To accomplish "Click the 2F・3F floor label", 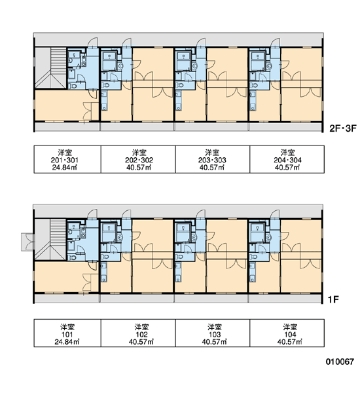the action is point(342,128).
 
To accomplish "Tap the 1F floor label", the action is point(333,299).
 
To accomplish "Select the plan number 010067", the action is point(340,362).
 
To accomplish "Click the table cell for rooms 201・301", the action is point(67,159).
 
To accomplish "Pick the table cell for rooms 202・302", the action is point(138,159).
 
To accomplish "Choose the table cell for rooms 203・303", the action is point(213,159).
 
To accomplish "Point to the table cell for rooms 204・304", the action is point(287,159).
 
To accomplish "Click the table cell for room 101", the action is point(67,333).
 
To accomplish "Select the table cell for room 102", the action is point(138,333).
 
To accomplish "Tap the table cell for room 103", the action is point(213,333).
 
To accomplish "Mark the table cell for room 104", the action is point(287,333).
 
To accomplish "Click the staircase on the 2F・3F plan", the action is point(50,68).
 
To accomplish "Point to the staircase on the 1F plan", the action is point(50,240).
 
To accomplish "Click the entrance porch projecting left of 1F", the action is point(27,242).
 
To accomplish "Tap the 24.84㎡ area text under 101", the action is point(67,342).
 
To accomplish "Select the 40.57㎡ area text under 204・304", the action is point(287,167).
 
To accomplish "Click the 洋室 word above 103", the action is point(215,327).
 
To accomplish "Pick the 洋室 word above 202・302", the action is point(139,153).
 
